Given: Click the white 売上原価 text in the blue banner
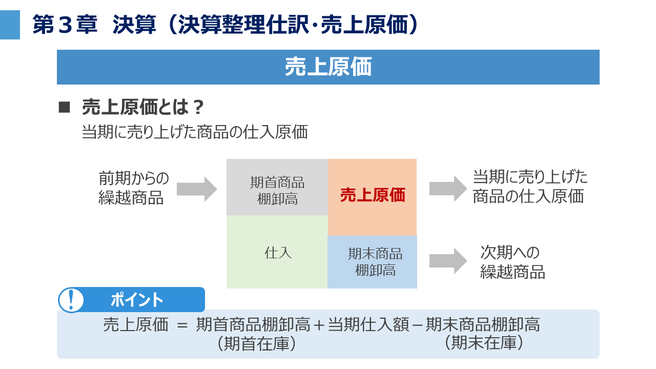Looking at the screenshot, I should tap(328, 67).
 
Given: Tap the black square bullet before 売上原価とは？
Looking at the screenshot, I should tap(64, 107).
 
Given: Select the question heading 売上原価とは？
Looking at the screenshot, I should tap(143, 108).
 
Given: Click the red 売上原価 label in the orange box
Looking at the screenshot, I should tap(373, 195).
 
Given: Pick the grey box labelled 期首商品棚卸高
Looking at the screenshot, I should tap(277, 188).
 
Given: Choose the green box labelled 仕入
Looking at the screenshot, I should tap(277, 252).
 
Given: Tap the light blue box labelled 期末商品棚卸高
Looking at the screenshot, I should tap(373, 262).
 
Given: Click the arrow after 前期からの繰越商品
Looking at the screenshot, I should tap(197, 189).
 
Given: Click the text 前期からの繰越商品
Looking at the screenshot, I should tap(133, 188).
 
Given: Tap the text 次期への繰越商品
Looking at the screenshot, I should tap(512, 262).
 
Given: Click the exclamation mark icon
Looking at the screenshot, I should tap(71, 300).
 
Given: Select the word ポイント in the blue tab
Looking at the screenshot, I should tap(137, 300).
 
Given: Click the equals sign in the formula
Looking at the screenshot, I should tap(182, 325).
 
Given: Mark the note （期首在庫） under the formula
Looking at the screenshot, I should tap(257, 343).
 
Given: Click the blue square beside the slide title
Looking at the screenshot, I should tap(10, 25).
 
